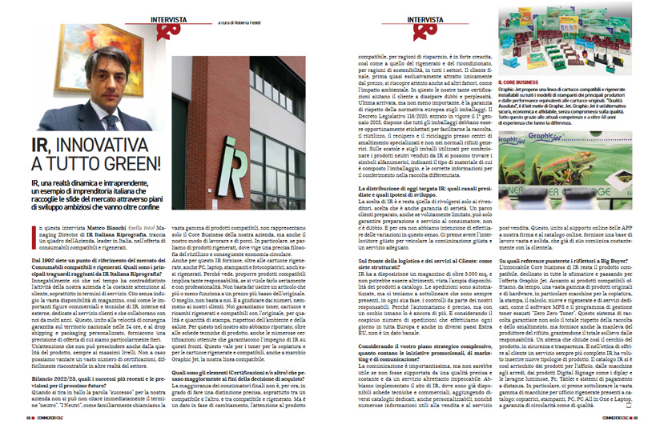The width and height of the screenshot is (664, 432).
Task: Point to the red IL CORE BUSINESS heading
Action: pyautogui.click(x=521, y=82)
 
